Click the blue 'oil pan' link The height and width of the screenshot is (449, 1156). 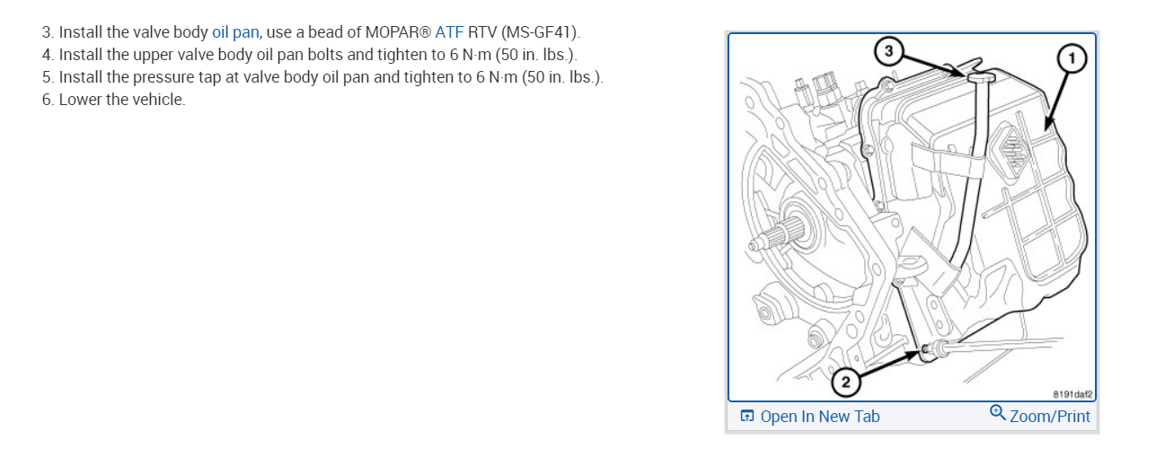[x=235, y=33]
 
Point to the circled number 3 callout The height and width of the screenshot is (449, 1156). [x=888, y=52]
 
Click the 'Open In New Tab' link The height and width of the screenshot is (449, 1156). [x=819, y=416]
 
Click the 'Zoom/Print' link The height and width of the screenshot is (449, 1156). [x=1049, y=416]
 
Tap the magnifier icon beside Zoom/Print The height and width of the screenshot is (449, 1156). [x=997, y=413]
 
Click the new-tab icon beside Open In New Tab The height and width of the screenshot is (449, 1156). [x=747, y=417]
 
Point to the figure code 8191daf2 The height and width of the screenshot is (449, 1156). [x=1071, y=392]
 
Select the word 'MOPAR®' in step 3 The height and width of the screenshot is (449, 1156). [x=398, y=33]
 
